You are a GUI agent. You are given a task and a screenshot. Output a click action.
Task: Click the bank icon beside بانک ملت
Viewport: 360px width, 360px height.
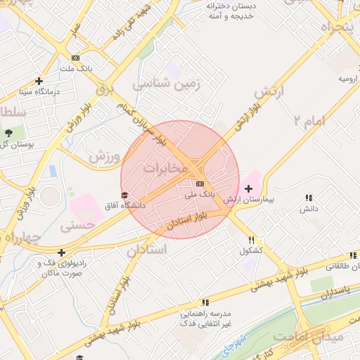coord(75,58)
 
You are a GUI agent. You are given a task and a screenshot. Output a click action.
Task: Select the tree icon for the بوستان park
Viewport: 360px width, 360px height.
coord(8,132)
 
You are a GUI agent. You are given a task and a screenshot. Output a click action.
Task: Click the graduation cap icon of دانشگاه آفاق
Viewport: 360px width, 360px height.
coord(124,195)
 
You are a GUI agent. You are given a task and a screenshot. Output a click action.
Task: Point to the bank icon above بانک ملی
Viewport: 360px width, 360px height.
coord(200,183)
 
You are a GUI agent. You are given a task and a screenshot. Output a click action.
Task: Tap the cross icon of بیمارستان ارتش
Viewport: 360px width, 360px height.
coord(248,188)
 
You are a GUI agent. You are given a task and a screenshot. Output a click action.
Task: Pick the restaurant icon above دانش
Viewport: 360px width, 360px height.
coord(309,198)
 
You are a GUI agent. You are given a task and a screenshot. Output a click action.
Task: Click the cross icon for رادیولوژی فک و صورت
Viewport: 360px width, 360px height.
coord(62,252)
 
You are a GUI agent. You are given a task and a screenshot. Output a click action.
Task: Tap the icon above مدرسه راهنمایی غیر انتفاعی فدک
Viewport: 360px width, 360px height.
coord(205,302)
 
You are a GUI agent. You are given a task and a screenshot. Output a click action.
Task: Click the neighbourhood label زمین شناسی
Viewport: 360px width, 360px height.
coord(167,84)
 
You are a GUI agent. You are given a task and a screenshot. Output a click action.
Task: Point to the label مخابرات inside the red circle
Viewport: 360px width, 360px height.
coord(166,169)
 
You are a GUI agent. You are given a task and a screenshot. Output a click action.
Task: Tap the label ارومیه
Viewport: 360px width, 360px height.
coord(349,79)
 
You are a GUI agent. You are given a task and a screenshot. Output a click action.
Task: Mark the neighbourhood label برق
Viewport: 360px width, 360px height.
coord(104,89)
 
